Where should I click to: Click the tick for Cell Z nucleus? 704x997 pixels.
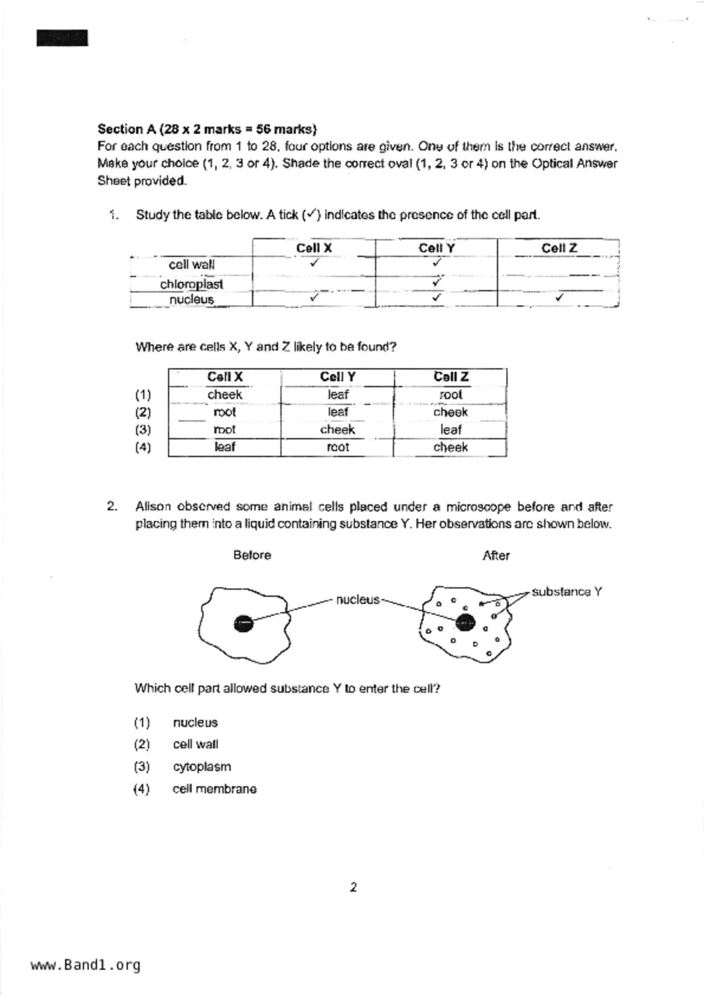560,297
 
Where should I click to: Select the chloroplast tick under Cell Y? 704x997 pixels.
436,281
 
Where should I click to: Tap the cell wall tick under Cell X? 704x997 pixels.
314,263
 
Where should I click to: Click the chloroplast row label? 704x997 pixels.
191,284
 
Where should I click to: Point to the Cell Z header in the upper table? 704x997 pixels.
559,248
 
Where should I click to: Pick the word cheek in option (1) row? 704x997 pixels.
224,394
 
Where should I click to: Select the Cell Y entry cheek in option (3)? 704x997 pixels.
337,430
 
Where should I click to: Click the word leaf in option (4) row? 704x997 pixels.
224,447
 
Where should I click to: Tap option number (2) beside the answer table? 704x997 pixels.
143,412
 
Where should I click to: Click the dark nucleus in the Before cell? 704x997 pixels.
243,624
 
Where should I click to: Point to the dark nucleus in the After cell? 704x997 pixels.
465,623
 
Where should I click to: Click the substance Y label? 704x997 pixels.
566,592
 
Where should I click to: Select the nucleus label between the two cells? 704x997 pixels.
357,600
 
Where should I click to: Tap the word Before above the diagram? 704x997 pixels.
252,555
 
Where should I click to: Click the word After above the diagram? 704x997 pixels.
495,556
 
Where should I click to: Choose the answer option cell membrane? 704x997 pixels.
214,789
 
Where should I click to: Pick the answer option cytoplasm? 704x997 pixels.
202,767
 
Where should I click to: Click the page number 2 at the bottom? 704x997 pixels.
353,887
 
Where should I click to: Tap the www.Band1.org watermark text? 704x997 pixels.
86,965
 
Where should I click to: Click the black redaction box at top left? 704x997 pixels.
63,38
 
